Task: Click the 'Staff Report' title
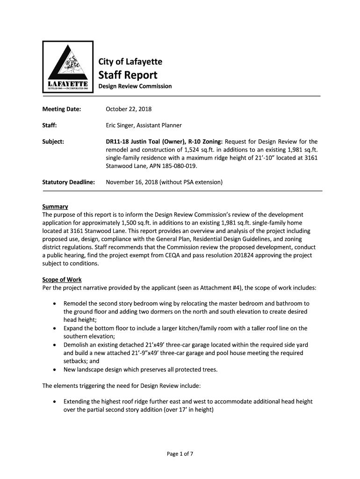click(x=127, y=75)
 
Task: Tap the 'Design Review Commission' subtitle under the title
click(x=135, y=87)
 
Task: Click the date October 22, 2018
click(x=129, y=109)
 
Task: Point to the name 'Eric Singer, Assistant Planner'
click(x=144, y=125)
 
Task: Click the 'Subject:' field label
click(x=53, y=141)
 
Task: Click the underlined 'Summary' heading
click(x=55, y=206)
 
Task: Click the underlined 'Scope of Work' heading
click(x=62, y=280)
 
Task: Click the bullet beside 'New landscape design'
click(x=56, y=370)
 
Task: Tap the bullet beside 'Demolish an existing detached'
click(x=56, y=345)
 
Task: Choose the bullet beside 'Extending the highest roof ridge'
click(x=56, y=402)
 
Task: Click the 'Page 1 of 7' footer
click(x=180, y=453)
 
